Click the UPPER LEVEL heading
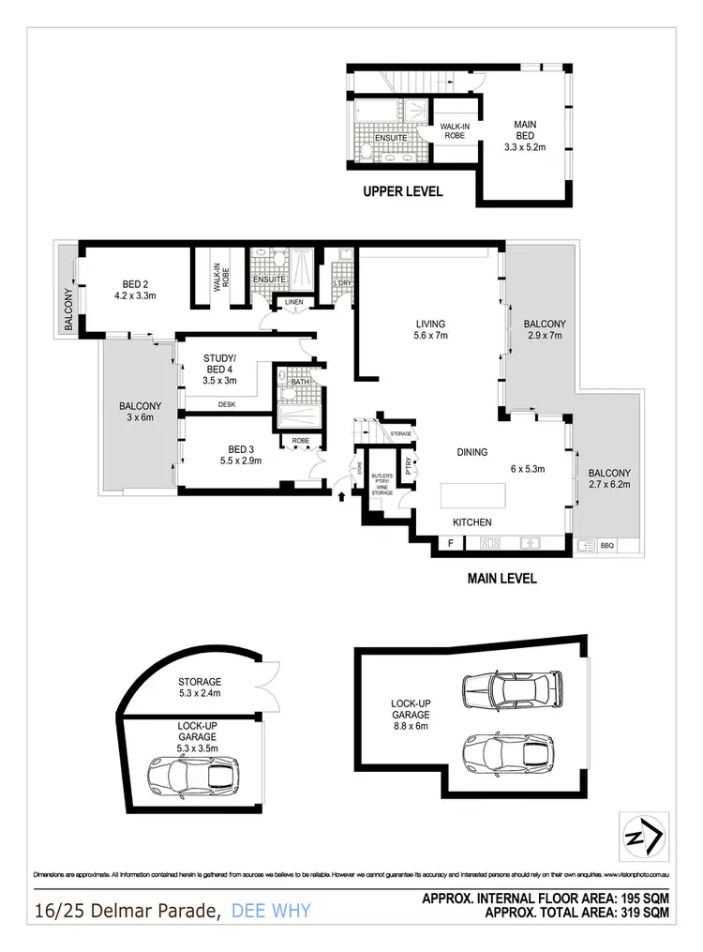coord(403,192)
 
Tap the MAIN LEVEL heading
coord(501,579)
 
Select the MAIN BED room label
coord(524,132)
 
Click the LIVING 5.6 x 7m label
coord(430,331)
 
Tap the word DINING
coord(472,452)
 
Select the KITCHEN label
coord(472,522)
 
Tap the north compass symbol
coord(644,832)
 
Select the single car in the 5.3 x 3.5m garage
coord(192,775)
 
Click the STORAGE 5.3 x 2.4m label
coord(199,688)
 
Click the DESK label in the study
coord(226,404)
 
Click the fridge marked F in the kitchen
coord(451,543)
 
